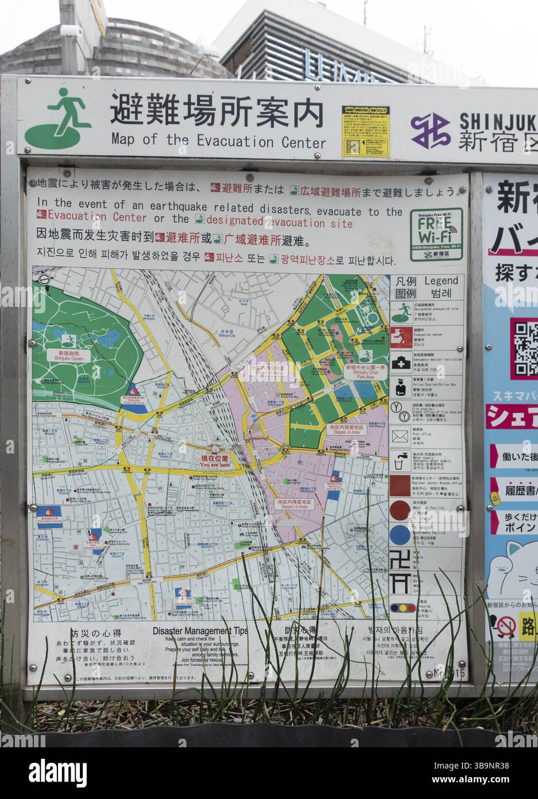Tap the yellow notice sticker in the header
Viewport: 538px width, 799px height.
click(x=365, y=131)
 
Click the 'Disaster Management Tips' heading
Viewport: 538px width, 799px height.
click(x=200, y=631)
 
